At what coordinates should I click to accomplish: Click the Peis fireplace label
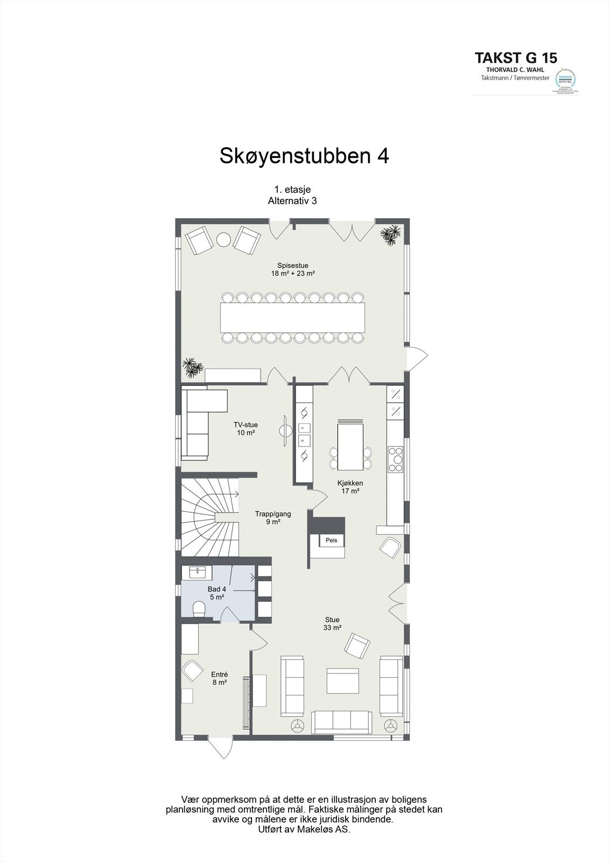(x=331, y=540)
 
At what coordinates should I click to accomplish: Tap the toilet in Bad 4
(x=199, y=609)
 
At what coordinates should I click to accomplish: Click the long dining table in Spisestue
(x=292, y=317)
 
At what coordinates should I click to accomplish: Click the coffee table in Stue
(x=342, y=680)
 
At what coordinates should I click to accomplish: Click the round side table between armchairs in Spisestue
(x=223, y=240)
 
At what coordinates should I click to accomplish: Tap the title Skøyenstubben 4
(x=304, y=156)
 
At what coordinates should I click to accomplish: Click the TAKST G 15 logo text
(x=515, y=58)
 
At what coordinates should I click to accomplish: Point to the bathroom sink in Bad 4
(x=197, y=571)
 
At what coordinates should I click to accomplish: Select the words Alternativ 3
(x=292, y=200)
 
